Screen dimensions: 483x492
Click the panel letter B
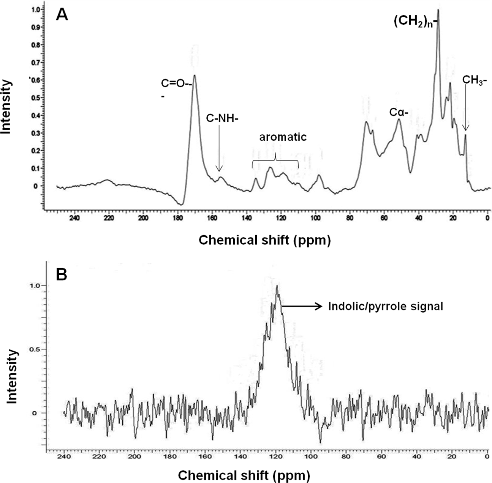(62, 274)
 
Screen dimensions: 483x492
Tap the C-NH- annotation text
(222, 118)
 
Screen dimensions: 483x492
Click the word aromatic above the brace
(283, 137)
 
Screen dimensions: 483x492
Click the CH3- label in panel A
(475, 80)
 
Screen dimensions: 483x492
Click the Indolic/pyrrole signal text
(386, 306)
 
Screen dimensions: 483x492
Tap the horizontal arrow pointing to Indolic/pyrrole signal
(302, 306)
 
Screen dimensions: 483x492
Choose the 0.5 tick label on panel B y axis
(35, 349)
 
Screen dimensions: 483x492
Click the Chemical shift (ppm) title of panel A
(264, 240)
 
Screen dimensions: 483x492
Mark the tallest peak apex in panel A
(438, 10)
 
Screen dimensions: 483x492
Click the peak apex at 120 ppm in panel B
(277, 286)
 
